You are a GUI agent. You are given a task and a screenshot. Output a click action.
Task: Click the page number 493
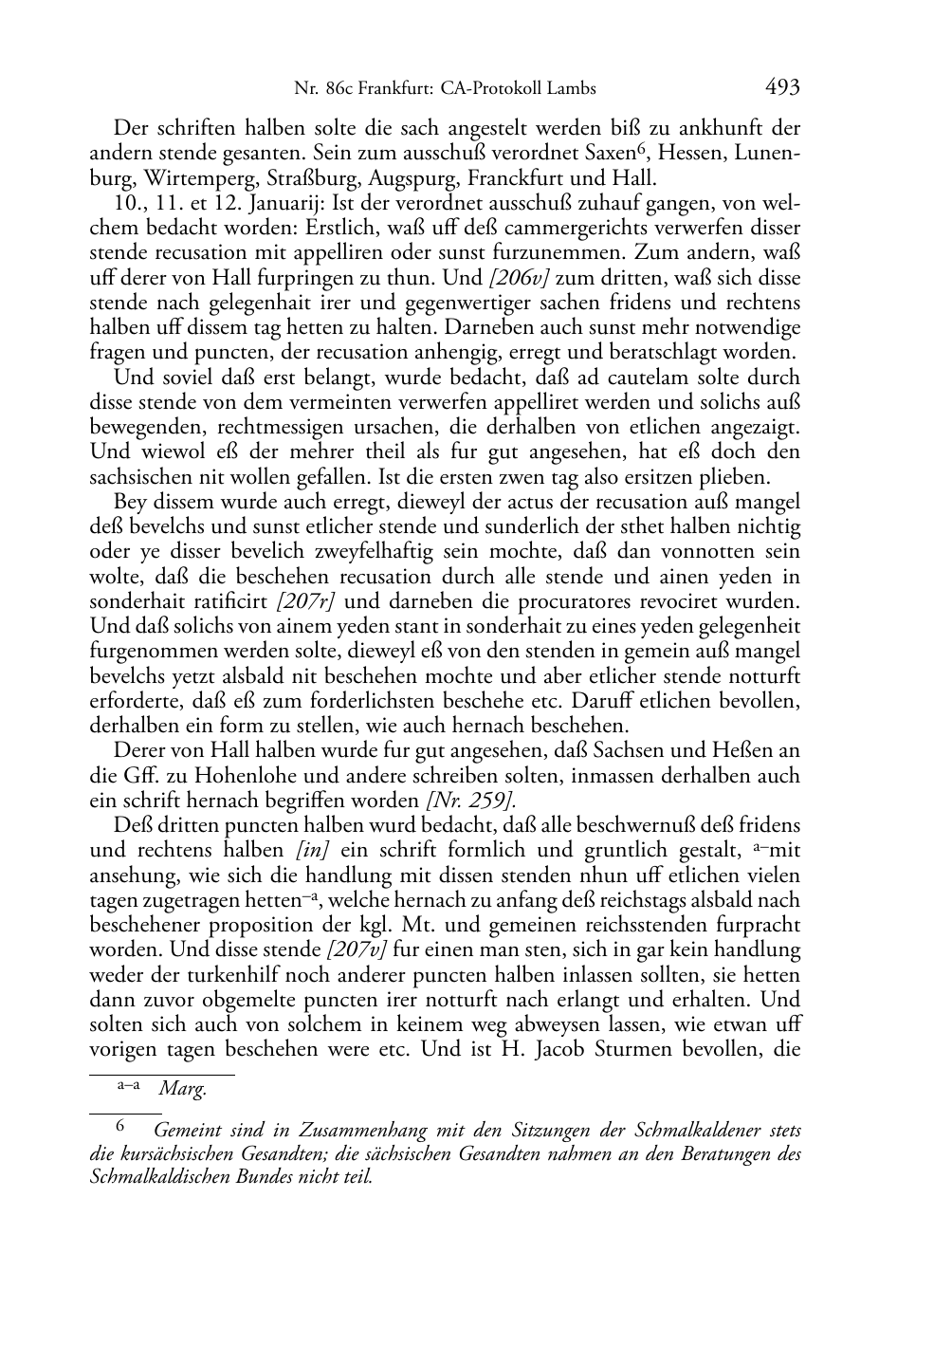(x=782, y=88)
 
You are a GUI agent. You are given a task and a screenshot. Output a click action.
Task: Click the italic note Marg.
(x=182, y=1089)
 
